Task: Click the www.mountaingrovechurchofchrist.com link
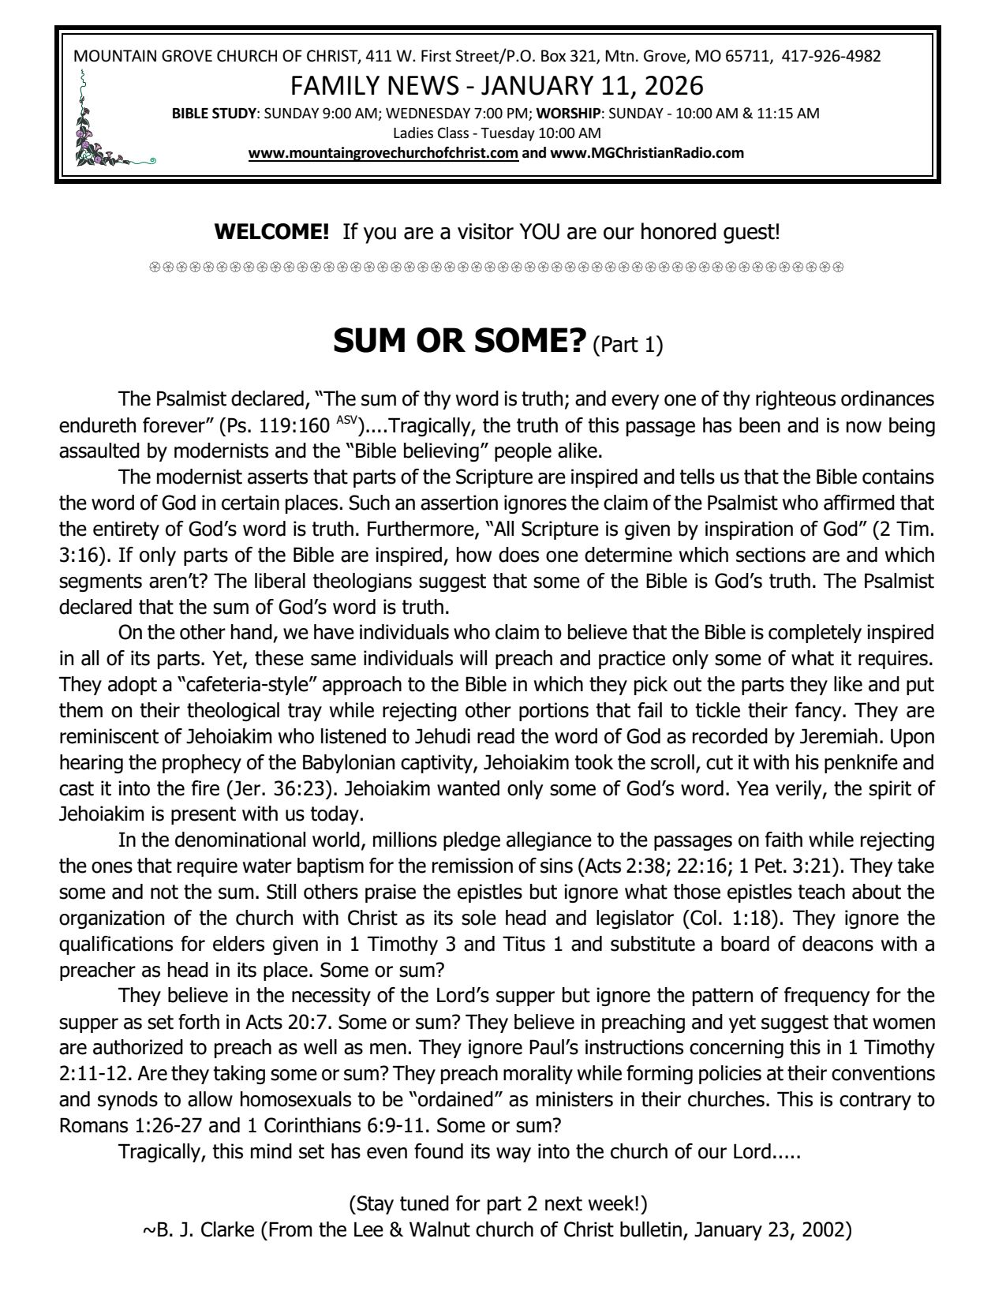coord(383,153)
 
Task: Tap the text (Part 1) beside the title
coord(627,345)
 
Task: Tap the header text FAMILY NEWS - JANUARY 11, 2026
coord(497,85)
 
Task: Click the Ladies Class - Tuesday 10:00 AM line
coord(497,133)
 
